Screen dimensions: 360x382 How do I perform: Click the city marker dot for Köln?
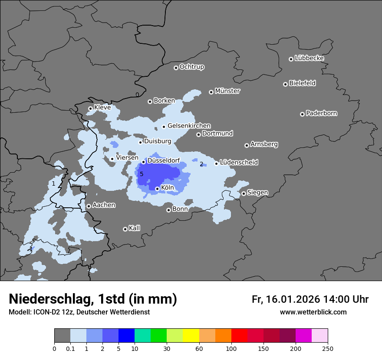157,189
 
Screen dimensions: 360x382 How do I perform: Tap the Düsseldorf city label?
164,160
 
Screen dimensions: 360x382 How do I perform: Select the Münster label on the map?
227,91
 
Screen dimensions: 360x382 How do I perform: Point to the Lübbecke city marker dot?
291,59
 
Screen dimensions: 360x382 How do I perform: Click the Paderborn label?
322,113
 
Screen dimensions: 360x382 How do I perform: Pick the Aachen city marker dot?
89,206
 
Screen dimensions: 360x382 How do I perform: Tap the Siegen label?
257,192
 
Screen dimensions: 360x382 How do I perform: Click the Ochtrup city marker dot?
176,68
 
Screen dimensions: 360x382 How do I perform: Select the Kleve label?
102,107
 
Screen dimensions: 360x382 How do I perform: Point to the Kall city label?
135,228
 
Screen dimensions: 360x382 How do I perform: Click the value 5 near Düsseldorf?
142,174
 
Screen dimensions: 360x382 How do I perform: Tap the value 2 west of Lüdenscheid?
201,164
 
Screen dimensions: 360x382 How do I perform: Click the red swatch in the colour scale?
239,336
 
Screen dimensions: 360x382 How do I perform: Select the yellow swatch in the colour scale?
191,336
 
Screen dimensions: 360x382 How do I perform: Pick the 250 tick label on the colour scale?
328,348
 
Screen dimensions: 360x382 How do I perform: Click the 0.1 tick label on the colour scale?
70,348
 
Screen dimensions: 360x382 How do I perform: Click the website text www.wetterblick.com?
313,312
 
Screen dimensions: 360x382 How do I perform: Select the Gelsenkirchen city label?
189,126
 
